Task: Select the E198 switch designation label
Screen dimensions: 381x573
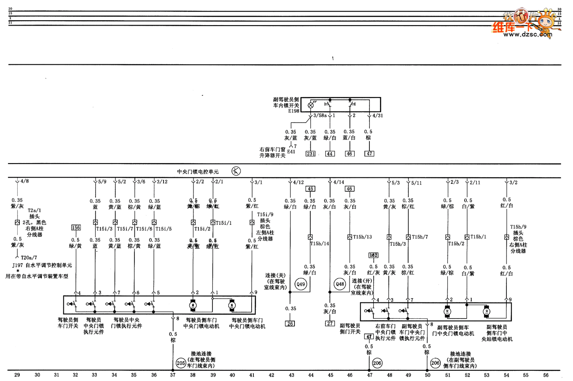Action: [x=294, y=111]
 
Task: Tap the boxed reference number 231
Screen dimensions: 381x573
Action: [x=310, y=154]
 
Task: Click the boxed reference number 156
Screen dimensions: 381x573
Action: [x=75, y=228]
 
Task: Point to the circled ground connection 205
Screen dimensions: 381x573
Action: [x=181, y=362]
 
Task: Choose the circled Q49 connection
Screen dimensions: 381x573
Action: [x=301, y=285]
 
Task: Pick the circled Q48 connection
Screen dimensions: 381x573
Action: [x=340, y=284]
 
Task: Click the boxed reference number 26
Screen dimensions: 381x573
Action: [x=291, y=323]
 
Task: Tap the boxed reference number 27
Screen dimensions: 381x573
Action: [x=330, y=323]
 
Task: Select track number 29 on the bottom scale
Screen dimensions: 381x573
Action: [x=17, y=375]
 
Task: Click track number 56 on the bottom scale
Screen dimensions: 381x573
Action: [x=546, y=375]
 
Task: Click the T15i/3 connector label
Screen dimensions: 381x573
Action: [x=104, y=228]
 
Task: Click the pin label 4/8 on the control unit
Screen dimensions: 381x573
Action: [x=25, y=181]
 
